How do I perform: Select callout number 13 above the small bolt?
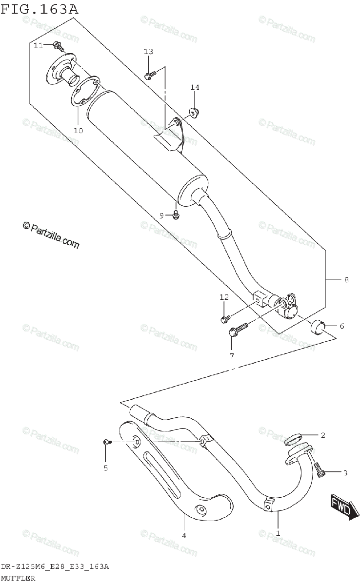[x=148, y=52]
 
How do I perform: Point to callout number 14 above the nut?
[x=195, y=87]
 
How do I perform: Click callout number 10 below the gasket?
[x=78, y=130]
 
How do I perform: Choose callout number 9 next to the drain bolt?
[x=161, y=215]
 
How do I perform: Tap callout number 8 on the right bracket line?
[x=346, y=280]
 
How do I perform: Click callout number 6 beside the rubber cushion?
[x=341, y=326]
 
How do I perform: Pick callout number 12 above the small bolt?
[x=224, y=297]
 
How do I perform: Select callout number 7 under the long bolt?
[x=232, y=355]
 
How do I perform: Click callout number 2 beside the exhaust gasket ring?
[x=322, y=434]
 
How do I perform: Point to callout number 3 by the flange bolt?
[x=345, y=472]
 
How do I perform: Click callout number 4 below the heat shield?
[x=184, y=536]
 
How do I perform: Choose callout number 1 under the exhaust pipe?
[x=278, y=533]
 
